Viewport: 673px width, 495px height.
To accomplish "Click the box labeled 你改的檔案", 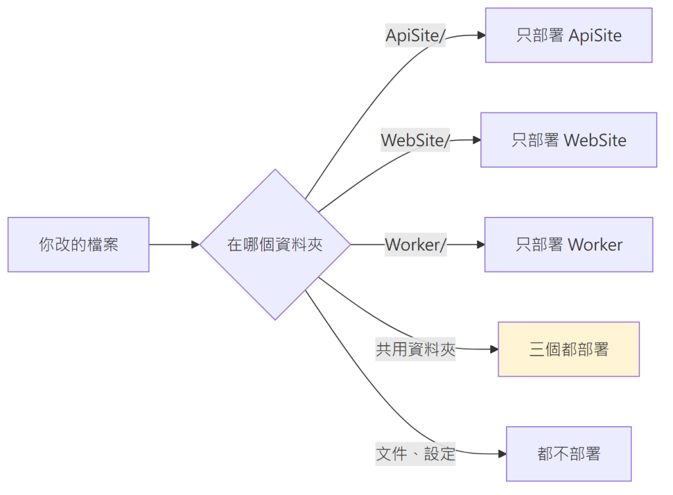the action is tap(79, 245).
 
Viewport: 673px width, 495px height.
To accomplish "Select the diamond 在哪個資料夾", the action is tap(275, 245).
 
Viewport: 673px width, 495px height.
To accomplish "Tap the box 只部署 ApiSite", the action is tap(569, 35).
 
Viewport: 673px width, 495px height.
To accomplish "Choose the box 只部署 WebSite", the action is tap(569, 140).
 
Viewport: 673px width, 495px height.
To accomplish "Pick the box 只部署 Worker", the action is tap(569, 245).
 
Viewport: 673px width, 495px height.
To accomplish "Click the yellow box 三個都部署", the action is tap(569, 349).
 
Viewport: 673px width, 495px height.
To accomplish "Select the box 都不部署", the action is tap(569, 454).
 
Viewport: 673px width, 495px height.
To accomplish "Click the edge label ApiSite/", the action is tap(415, 35).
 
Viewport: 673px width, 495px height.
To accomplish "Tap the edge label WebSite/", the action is tap(415, 140).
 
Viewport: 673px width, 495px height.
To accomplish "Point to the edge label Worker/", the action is tap(415, 245).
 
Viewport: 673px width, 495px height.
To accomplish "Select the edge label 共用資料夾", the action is tap(415, 349).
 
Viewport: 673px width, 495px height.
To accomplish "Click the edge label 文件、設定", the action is tap(415, 454).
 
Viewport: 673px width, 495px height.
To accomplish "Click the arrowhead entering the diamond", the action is tap(196, 245).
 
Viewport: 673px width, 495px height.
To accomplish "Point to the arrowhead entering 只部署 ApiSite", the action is tap(482, 35).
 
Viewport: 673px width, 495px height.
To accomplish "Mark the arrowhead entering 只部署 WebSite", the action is tap(477, 140).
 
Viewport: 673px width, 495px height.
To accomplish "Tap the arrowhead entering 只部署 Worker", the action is tap(480, 245).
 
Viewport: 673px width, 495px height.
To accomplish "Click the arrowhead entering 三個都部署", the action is tap(494, 349).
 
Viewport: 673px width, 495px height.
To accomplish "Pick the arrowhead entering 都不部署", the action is tap(502, 454).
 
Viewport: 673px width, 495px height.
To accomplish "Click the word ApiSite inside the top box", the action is tap(595, 35).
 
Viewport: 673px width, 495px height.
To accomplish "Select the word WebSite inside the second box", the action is tap(595, 141).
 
